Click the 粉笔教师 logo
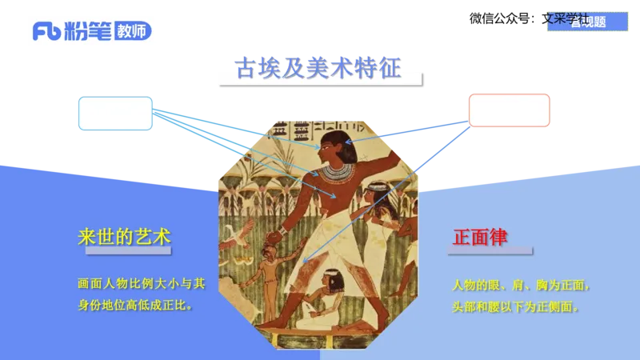point(92,32)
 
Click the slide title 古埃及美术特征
point(318,66)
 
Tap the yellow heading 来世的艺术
point(124,237)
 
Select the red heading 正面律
point(480,237)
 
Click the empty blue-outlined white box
point(115,114)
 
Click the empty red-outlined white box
point(509,110)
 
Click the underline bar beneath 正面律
point(490,250)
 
